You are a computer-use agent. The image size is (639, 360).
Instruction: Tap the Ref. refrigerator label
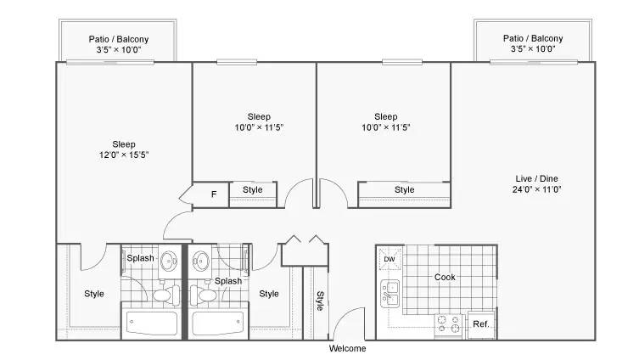pyautogui.click(x=479, y=324)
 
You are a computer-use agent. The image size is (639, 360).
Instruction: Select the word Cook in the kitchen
pyautogui.click(x=445, y=277)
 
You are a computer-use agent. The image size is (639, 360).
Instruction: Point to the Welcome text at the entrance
pyautogui.click(x=347, y=349)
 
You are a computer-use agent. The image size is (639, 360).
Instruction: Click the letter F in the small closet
pyautogui.click(x=213, y=194)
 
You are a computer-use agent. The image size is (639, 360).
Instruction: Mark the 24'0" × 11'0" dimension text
pyautogui.click(x=537, y=189)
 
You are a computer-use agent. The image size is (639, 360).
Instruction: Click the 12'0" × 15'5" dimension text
pyautogui.click(x=123, y=155)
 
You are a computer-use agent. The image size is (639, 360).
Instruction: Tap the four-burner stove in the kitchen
pyautogui.click(x=447, y=324)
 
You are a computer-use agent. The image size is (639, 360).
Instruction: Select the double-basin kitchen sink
pyautogui.click(x=390, y=293)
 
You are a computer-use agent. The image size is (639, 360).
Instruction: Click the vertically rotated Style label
pyautogui.click(x=320, y=301)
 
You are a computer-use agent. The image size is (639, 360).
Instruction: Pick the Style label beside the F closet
pyautogui.click(x=253, y=190)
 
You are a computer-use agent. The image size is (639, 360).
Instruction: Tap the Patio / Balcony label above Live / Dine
pyautogui.click(x=532, y=38)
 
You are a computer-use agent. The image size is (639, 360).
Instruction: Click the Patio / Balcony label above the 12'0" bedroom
pyautogui.click(x=119, y=38)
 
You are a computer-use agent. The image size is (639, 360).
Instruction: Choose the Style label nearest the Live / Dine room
pyautogui.click(x=405, y=190)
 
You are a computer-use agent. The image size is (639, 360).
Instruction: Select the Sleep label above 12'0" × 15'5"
pyautogui.click(x=123, y=143)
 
